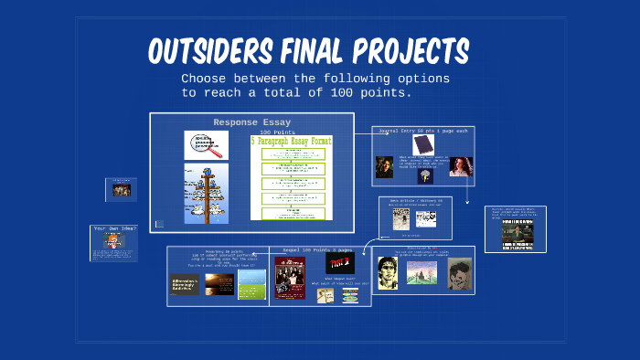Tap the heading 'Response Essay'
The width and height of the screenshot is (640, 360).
(252, 122)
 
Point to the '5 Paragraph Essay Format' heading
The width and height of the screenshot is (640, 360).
(292, 143)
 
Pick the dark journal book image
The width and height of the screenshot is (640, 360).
(422, 144)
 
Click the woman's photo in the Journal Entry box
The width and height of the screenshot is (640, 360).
(461, 166)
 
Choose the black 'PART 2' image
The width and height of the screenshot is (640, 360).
(339, 263)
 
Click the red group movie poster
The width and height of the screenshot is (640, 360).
(289, 277)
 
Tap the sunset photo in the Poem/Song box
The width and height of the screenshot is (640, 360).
(219, 284)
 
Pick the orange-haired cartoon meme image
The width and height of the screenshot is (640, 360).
(112, 240)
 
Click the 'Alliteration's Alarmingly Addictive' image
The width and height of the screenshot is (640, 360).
(185, 285)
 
